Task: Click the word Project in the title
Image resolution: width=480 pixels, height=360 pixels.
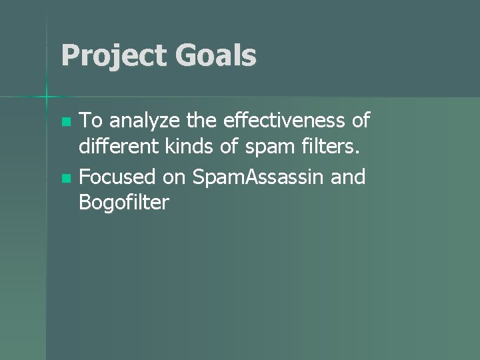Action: (111, 56)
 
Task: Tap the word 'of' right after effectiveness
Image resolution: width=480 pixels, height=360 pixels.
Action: (359, 121)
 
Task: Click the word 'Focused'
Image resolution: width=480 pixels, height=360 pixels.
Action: (117, 177)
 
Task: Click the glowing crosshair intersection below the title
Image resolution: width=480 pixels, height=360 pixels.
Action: (47, 97)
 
